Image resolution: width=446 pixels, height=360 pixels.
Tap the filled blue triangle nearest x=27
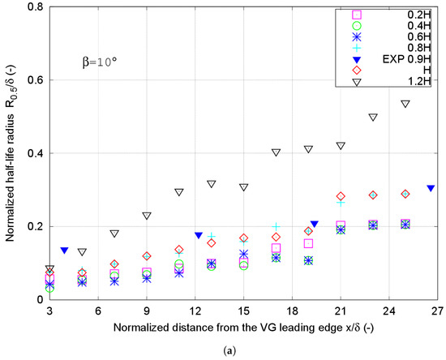(x=431, y=188)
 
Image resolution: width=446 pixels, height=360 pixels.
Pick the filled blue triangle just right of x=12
(x=199, y=235)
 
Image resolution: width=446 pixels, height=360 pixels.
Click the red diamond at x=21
(x=341, y=196)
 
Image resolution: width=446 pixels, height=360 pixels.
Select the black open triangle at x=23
(x=373, y=117)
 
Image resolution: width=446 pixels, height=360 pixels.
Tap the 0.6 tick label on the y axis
(x=33, y=80)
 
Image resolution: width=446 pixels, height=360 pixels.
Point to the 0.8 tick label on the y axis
(x=33, y=7)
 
